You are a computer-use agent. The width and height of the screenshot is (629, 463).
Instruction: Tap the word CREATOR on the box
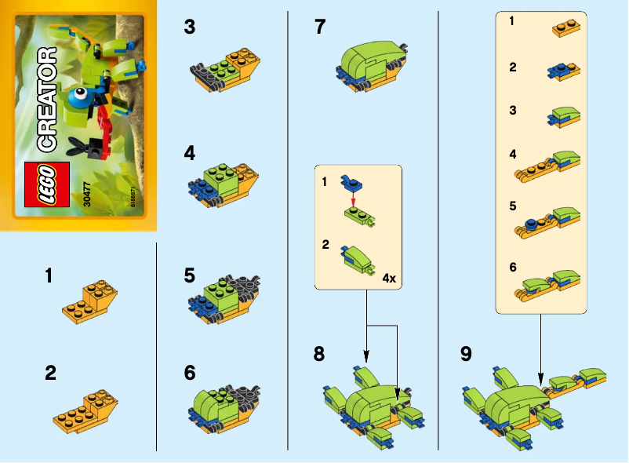click(x=46, y=99)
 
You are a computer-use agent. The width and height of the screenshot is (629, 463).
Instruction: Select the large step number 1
click(x=50, y=275)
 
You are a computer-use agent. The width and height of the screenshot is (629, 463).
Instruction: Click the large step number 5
click(x=189, y=275)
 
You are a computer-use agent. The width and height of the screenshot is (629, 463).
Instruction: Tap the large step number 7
click(x=319, y=27)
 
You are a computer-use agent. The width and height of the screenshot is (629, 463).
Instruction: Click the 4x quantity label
click(x=389, y=278)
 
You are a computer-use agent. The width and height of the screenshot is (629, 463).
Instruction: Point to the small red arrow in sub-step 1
click(x=353, y=201)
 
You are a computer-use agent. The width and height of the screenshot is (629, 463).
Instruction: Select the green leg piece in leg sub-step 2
click(x=354, y=259)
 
